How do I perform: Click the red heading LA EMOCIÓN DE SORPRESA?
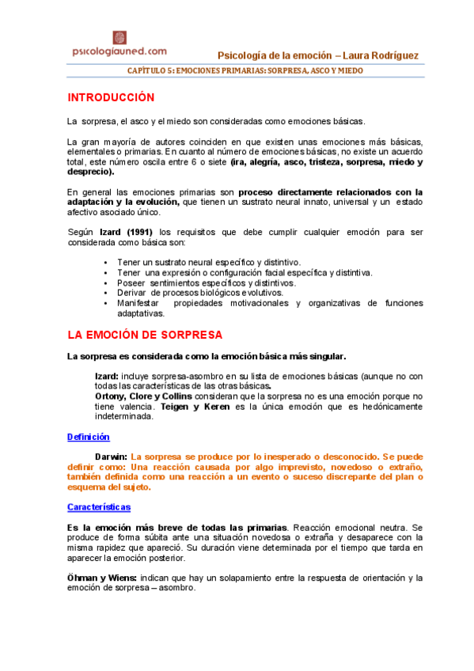tap(145, 335)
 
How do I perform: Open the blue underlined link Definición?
tap(88, 437)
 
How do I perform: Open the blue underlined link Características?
tap(99, 506)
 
